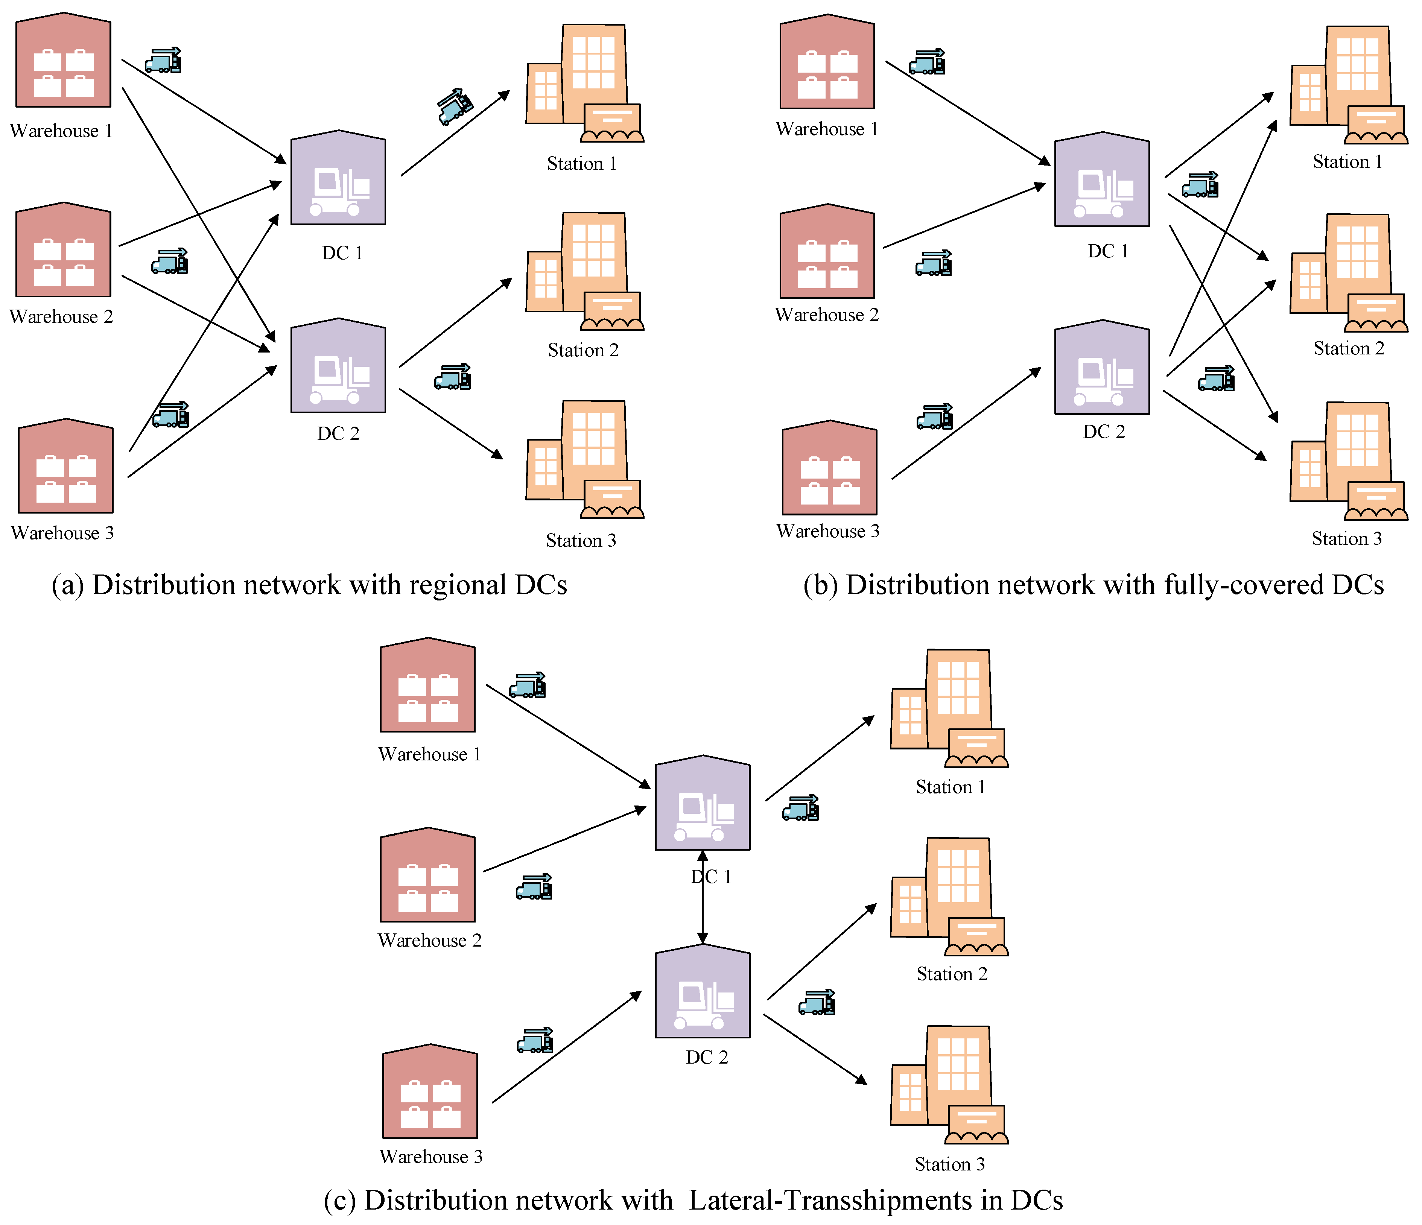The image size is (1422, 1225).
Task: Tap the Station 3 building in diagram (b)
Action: (1347, 461)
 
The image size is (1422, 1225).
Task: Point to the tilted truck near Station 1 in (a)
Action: (455, 106)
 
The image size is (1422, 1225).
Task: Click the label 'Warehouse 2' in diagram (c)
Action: (430, 940)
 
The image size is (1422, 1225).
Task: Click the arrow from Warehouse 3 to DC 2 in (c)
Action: (566, 1047)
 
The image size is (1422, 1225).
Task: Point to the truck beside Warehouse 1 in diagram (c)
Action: (527, 685)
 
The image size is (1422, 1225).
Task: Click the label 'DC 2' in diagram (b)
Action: (1104, 432)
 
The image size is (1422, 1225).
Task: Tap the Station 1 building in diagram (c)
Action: (949, 708)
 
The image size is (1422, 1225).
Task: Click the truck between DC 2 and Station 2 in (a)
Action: (452, 377)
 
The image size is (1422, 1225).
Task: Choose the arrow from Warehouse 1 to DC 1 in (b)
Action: (968, 113)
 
